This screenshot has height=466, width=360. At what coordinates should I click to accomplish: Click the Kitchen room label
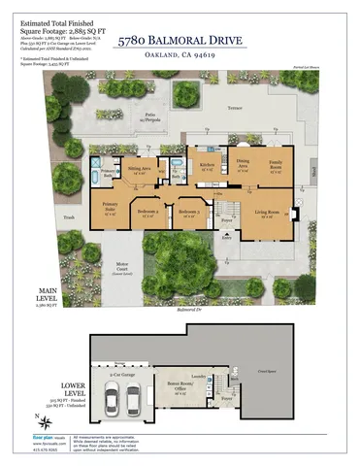pos(206,166)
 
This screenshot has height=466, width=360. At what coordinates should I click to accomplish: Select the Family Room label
pos(276,163)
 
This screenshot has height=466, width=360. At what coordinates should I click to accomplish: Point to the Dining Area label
pos(244,162)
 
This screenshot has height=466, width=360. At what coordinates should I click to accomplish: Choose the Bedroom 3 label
pos(147,213)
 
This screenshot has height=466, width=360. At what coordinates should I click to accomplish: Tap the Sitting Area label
pos(140,169)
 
